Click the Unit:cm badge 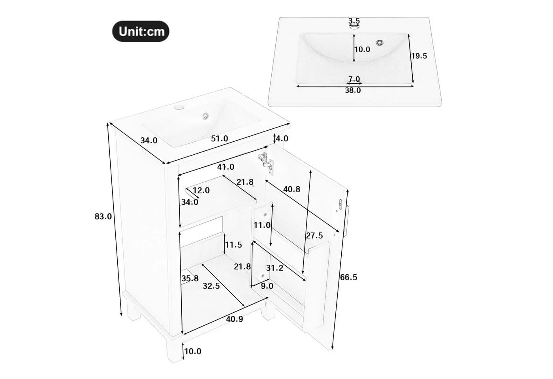click(141, 31)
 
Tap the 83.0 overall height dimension click(103, 216)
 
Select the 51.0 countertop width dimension click(220, 139)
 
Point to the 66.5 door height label click(348, 277)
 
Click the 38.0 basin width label click(353, 90)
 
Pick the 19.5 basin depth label click(419, 56)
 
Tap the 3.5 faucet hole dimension click(354, 21)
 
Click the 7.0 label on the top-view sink click(354, 79)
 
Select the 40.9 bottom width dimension click(235, 319)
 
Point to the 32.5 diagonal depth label click(211, 286)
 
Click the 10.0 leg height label click(193, 351)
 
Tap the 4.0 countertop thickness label click(282, 139)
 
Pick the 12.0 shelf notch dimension click(201, 190)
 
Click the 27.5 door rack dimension click(314, 236)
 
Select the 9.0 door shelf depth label click(267, 286)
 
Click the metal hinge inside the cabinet click(266, 163)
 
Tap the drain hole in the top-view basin click(380, 43)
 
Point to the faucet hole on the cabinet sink click(178, 107)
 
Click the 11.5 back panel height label click(233, 245)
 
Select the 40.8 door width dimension click(292, 189)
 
